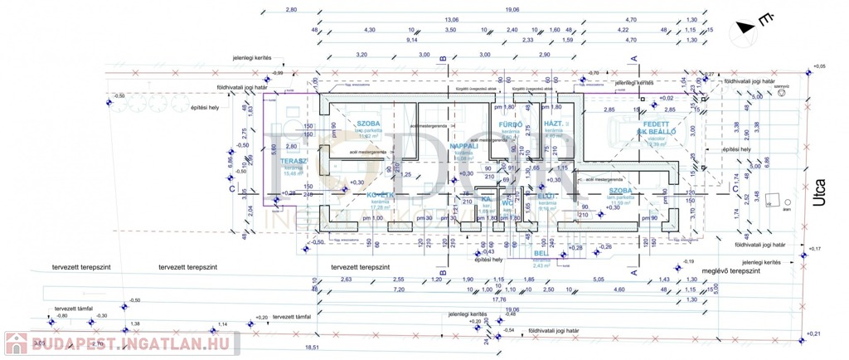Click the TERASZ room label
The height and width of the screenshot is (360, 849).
[x=294, y=161]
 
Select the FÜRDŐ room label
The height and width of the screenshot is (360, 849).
[x=508, y=124]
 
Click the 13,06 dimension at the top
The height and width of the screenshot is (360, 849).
[x=451, y=19]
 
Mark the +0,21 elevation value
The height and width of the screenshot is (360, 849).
[x=816, y=333]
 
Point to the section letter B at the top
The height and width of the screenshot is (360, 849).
[x=444, y=58]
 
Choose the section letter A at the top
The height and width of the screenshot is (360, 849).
[x=633, y=58]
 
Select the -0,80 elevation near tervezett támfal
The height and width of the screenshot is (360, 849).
[x=61, y=315]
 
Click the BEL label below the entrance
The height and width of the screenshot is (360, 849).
[x=538, y=253]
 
